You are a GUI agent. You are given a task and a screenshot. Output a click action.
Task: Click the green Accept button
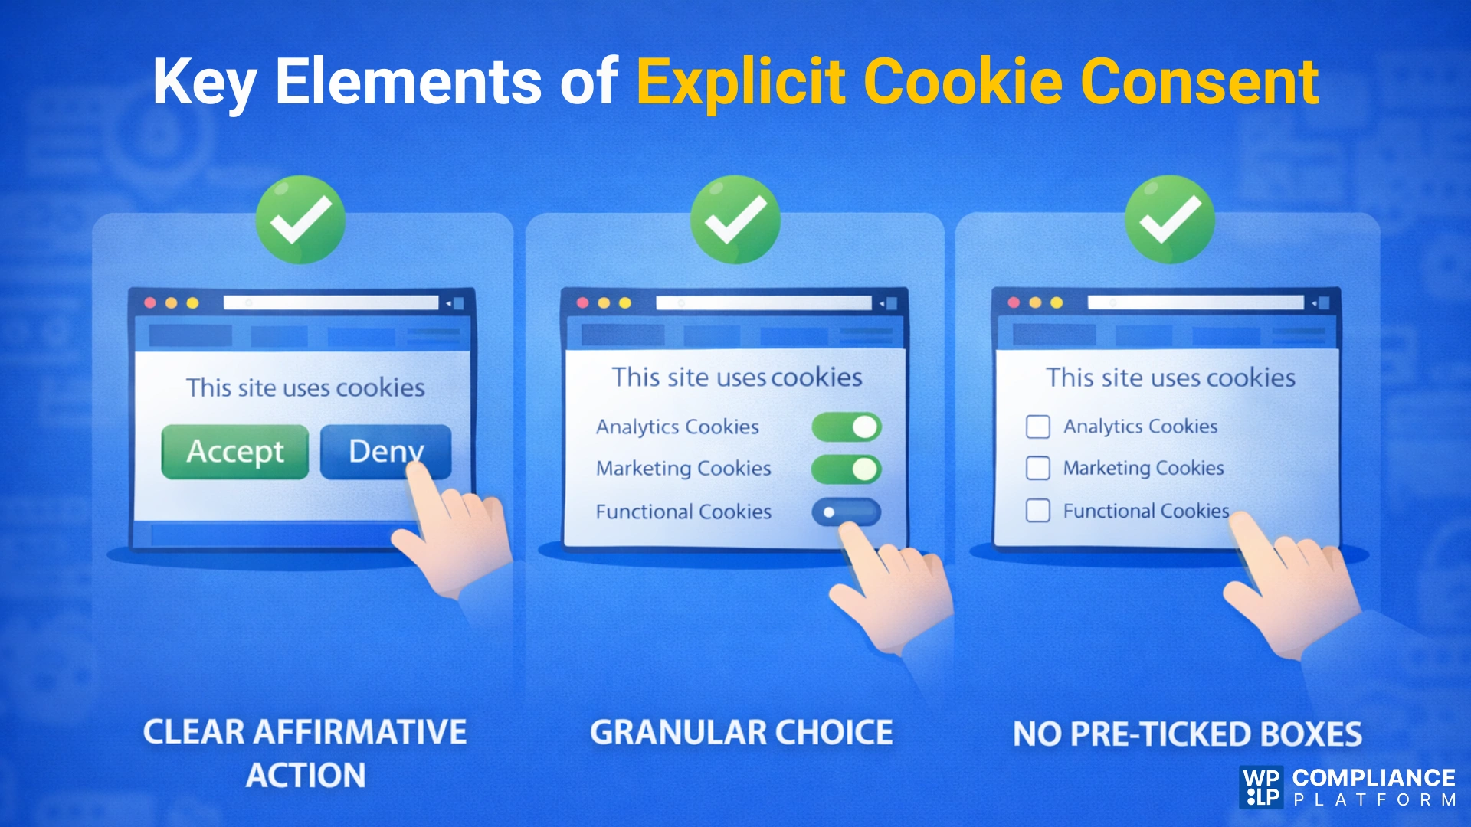click(234, 452)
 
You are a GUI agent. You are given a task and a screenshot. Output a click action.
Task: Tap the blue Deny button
click(385, 452)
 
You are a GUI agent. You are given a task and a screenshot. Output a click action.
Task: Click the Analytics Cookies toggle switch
click(847, 427)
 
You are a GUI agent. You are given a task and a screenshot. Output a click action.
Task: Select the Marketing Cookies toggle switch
click(847, 469)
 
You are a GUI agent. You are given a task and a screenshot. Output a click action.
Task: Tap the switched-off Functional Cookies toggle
click(846, 512)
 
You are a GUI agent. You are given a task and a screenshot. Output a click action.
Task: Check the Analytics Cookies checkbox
click(1038, 427)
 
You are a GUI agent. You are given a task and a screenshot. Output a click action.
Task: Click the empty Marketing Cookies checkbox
click(1038, 468)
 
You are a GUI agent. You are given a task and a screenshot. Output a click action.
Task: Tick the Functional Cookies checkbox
click(1038, 511)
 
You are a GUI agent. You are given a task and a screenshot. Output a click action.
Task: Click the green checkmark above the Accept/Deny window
click(300, 220)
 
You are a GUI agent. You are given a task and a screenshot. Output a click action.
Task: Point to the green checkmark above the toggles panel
click(735, 220)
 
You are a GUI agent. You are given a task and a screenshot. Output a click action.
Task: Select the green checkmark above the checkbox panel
click(1170, 220)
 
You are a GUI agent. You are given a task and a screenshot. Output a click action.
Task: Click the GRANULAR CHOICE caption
click(741, 733)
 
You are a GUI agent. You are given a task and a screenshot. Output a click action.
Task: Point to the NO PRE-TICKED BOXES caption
click(1188, 734)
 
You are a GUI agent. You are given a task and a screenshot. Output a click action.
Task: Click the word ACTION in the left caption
click(306, 776)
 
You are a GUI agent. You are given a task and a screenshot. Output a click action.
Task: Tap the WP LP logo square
click(1261, 787)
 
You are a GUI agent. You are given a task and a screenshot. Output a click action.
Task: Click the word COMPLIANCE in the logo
click(1374, 778)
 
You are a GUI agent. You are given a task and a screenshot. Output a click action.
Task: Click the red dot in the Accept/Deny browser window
click(150, 303)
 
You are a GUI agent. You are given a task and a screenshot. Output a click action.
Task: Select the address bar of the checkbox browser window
click(1195, 302)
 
